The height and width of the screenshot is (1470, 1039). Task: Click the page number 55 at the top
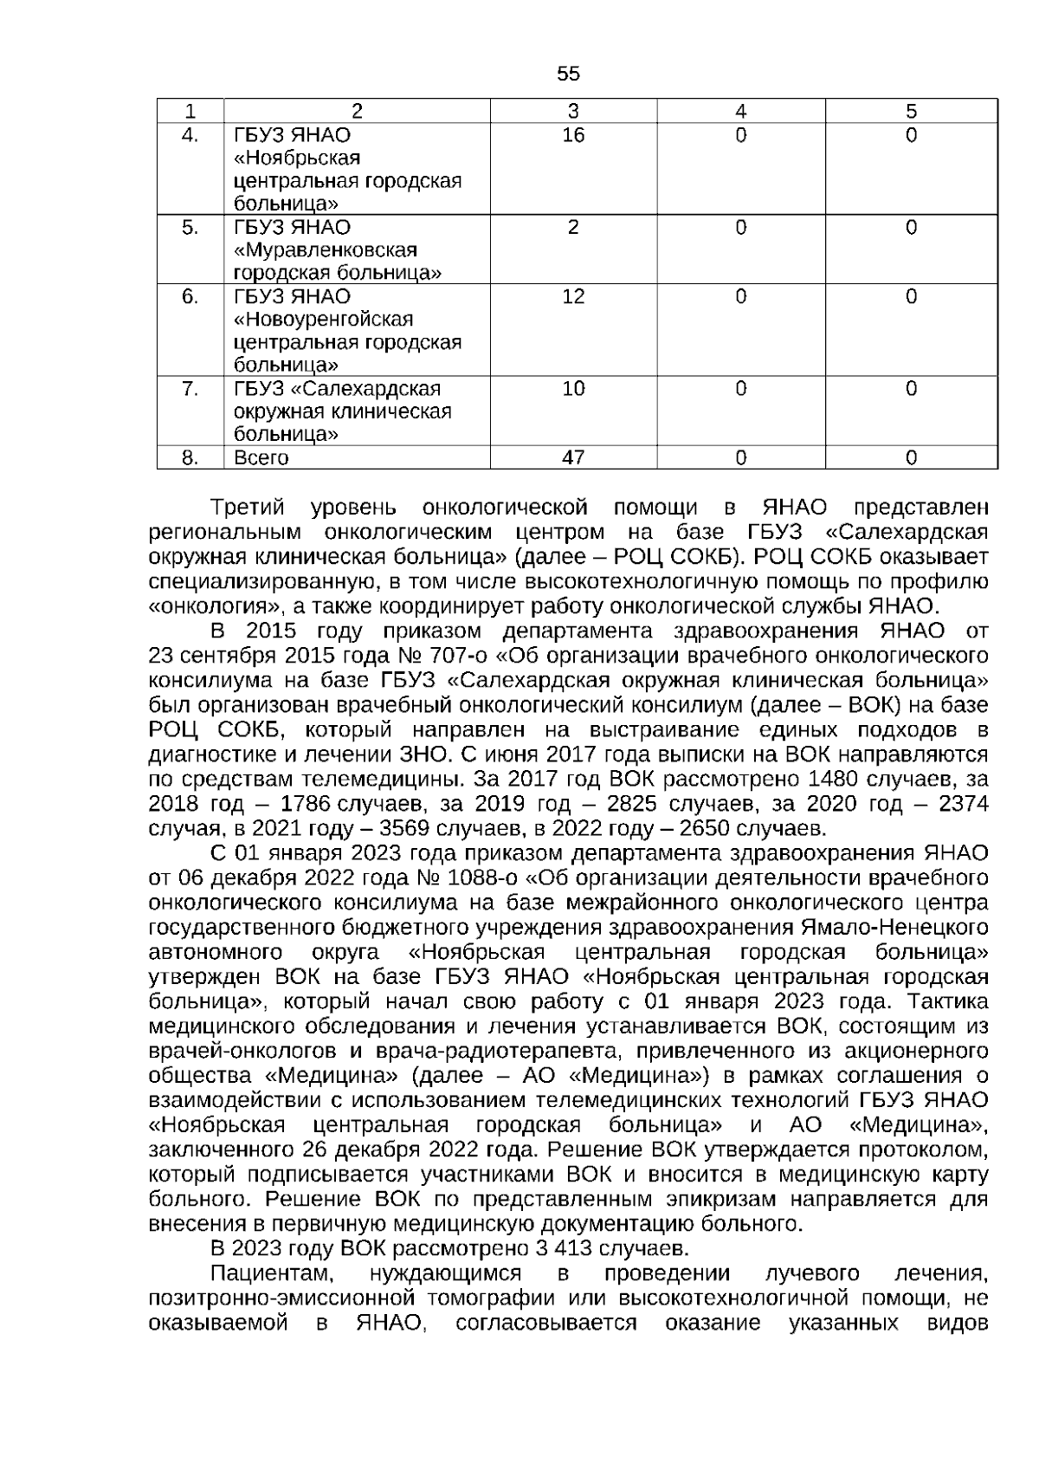[x=568, y=74]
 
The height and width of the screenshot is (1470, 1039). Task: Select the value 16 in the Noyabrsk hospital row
[x=573, y=135]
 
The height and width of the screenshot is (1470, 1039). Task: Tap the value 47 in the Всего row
[x=573, y=457]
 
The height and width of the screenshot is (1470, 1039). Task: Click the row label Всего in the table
[x=261, y=457]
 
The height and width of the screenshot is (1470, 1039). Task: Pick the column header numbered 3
[x=573, y=112]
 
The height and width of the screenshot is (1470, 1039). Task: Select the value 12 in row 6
[x=573, y=296]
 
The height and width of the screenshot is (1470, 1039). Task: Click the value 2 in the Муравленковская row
[x=573, y=228]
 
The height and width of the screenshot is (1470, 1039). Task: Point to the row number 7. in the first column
[x=190, y=389]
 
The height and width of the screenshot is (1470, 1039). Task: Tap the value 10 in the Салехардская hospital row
[x=573, y=389]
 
